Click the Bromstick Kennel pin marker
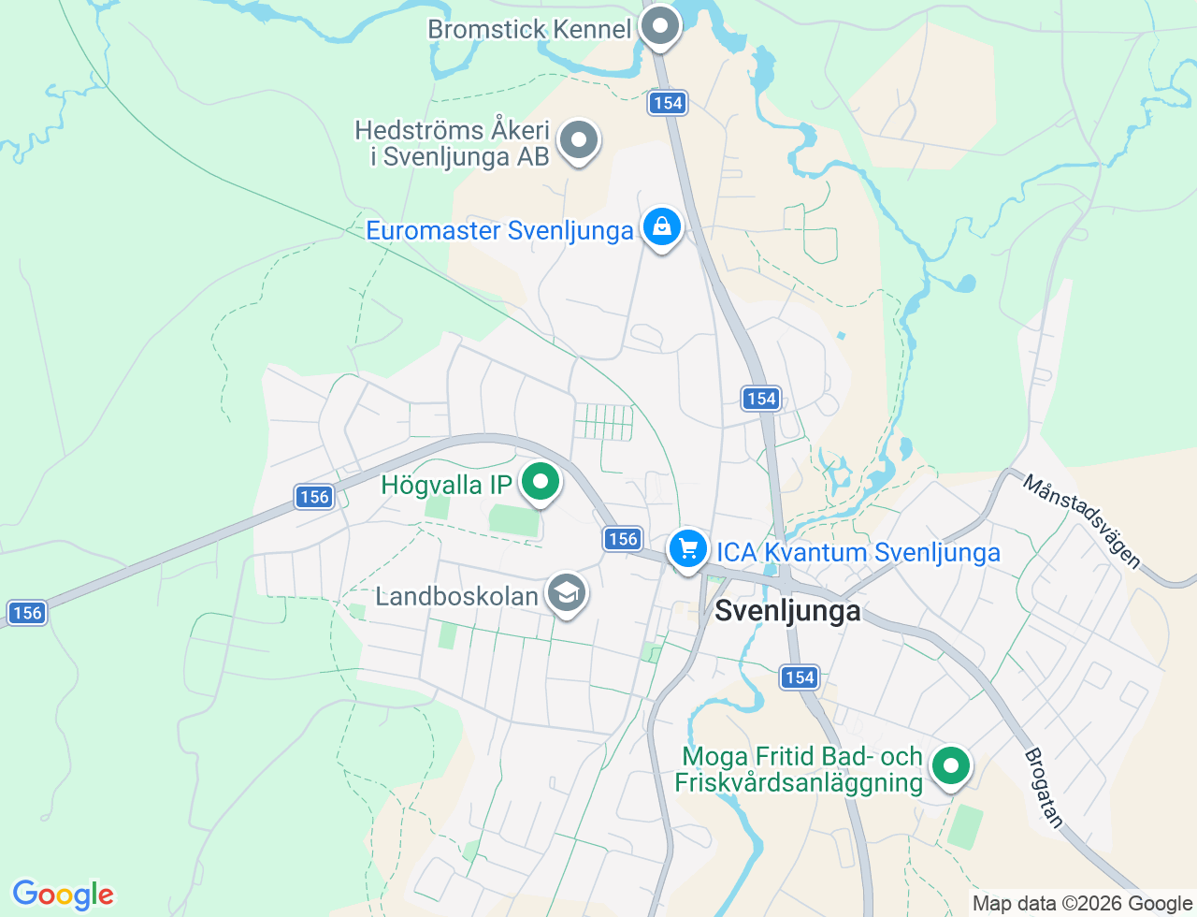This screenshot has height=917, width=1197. click(660, 26)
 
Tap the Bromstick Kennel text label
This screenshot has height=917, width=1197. click(529, 29)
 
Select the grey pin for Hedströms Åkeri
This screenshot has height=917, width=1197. click(579, 141)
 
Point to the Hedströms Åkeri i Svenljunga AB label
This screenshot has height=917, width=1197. click(453, 143)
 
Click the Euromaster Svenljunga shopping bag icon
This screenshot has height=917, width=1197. click(662, 227)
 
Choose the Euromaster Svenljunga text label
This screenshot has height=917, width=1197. click(499, 231)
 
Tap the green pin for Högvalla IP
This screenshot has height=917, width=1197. click(540, 483)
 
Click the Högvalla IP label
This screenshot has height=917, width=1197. click(446, 485)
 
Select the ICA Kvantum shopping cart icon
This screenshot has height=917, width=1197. click(688, 549)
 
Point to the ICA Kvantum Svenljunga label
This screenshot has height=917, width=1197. click(858, 553)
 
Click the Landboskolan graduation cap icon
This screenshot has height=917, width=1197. click(566, 593)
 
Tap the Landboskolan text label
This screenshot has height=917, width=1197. click(456, 596)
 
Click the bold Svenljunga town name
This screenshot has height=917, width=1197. click(787, 611)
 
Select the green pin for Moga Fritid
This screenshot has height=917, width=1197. click(951, 766)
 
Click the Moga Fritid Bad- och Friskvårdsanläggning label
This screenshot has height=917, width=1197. click(800, 769)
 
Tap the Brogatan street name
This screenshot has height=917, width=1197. click(1045, 788)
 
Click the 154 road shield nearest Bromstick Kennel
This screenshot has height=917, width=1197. click(668, 103)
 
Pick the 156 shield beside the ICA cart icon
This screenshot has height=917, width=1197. click(623, 538)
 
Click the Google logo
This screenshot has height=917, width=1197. click(63, 895)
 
